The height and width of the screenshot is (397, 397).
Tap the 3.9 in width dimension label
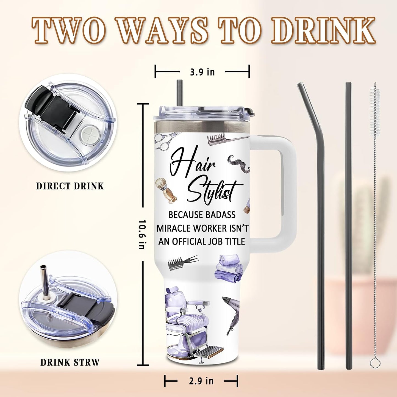[x=202, y=72]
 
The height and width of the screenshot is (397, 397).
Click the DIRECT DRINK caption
[x=70, y=186]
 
